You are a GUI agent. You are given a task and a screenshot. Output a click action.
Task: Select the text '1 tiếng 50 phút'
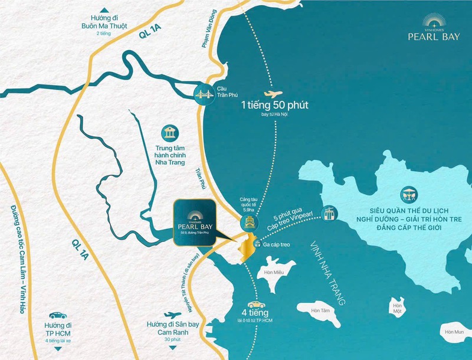pos(274,106)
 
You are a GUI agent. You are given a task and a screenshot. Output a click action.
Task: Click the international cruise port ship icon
pos(248,222)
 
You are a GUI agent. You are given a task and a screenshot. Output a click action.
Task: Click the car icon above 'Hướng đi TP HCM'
pos(57,315)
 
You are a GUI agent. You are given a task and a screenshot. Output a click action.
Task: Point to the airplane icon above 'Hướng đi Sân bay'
pos(173,315)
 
